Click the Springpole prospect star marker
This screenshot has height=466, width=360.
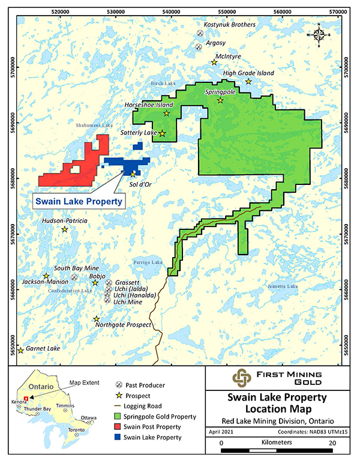pos(220,100)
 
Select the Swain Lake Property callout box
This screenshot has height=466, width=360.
pos(77,202)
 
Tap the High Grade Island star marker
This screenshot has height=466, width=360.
pos(248,82)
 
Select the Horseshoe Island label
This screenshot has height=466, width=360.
pos(148,104)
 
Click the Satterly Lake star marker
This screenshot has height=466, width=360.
pos(162,133)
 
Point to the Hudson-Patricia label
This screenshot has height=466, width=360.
pos(65,221)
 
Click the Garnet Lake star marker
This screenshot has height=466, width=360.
pos(21,351)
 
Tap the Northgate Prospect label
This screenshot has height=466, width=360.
pos(125,325)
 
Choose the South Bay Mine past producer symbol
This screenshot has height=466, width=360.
pos(74,277)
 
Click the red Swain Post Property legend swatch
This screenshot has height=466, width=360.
pos(119,427)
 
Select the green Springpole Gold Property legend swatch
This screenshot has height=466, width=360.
pos(119,416)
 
